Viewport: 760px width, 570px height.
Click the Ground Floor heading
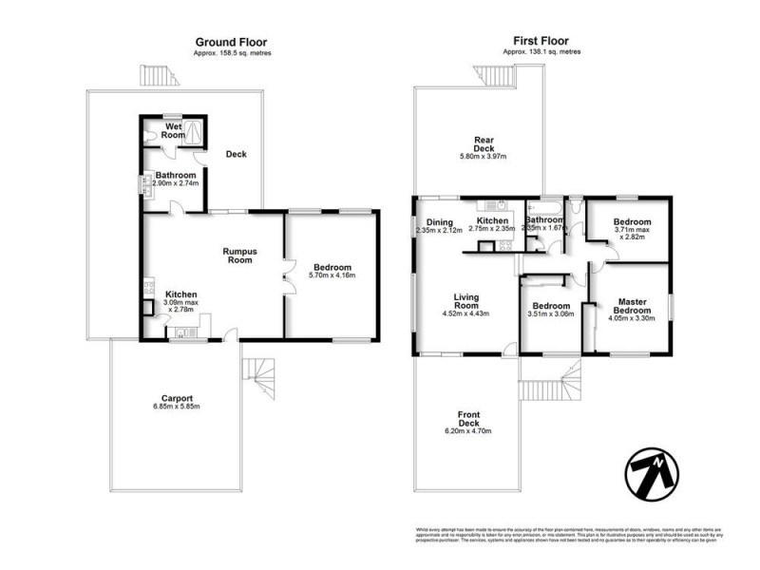coord(231,42)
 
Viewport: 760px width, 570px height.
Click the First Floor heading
coord(542,42)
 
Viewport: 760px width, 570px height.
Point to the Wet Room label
coord(174,131)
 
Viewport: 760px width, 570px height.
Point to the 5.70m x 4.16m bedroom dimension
coord(333,276)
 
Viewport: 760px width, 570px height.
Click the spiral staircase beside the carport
coord(258,377)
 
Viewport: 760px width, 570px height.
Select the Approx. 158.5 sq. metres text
coord(231,53)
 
